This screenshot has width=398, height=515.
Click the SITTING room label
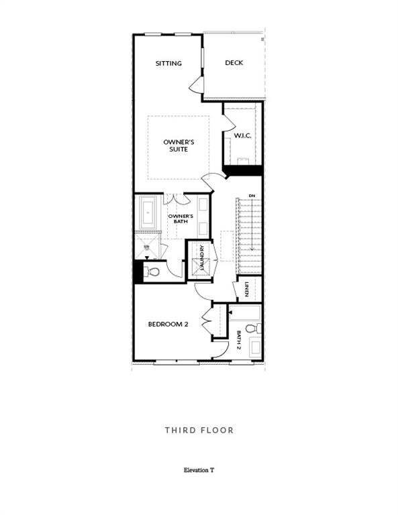(168, 64)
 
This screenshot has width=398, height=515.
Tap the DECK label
(234, 63)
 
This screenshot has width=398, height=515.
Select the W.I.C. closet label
(242, 136)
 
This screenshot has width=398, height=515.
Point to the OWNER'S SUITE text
(179, 146)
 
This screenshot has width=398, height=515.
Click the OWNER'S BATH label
(181, 219)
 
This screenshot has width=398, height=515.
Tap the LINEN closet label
(247, 289)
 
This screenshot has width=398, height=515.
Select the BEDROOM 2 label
(168, 325)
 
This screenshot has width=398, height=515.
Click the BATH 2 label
(239, 340)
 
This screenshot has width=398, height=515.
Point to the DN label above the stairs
(252, 195)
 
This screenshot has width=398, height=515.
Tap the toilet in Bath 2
(252, 329)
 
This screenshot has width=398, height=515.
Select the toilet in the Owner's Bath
(152, 272)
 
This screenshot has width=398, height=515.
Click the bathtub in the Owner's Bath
(147, 213)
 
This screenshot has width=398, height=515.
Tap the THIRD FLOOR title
(199, 430)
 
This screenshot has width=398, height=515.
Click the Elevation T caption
(199, 471)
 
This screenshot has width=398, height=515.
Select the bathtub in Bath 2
(246, 311)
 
